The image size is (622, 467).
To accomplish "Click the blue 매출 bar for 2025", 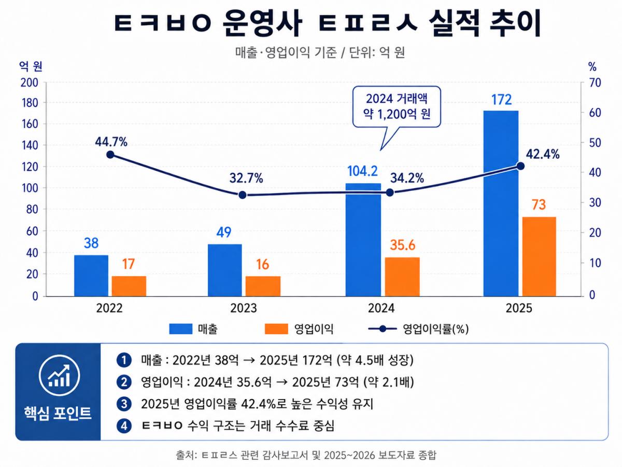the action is [x=501, y=203].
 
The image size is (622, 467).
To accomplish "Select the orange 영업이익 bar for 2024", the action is [x=402, y=277].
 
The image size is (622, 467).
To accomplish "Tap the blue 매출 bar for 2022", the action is [x=91, y=276].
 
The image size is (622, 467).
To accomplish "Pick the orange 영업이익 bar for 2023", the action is [x=263, y=286].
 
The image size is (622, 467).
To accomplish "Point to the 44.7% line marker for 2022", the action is [x=110, y=155].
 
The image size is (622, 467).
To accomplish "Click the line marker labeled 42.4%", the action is [x=520, y=166].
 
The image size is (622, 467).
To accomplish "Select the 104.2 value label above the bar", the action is [x=362, y=171].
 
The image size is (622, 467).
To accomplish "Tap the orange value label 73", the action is [x=539, y=205].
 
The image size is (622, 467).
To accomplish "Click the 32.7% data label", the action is [x=246, y=178].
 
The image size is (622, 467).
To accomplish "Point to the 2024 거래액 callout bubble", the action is [x=397, y=107].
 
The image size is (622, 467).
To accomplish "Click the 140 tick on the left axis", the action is [x=30, y=145].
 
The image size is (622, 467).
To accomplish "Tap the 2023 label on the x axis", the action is [x=244, y=308].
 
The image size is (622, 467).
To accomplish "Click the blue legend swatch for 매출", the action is [x=181, y=329].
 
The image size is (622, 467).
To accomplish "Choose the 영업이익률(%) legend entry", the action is [x=418, y=329].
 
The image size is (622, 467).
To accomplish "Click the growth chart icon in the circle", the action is [x=59, y=375].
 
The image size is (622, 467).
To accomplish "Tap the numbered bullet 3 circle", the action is [x=124, y=404].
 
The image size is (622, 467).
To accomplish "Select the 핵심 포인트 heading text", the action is [x=58, y=413].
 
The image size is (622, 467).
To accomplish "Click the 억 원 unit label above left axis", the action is [x=31, y=66].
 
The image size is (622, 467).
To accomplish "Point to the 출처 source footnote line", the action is [x=306, y=455].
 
